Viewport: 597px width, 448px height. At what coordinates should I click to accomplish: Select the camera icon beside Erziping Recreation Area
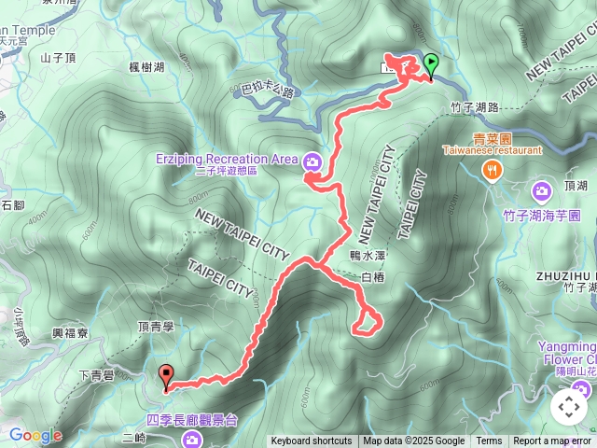(x=312, y=161)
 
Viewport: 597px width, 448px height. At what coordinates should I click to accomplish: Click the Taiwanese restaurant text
(x=492, y=149)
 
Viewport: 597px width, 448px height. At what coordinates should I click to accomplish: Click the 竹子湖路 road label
(x=474, y=107)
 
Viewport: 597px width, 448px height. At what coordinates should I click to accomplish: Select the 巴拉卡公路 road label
(x=269, y=91)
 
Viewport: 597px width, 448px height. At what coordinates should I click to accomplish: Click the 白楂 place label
(x=371, y=277)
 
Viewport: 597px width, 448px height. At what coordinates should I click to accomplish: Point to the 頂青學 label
(x=155, y=326)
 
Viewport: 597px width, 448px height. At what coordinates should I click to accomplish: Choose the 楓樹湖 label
(x=147, y=67)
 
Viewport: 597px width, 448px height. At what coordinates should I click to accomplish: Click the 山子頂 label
(x=57, y=58)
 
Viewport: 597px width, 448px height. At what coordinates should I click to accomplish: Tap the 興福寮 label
(x=70, y=332)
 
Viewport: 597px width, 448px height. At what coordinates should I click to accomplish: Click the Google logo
(x=35, y=435)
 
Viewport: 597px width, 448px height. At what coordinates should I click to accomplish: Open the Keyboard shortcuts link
(x=312, y=441)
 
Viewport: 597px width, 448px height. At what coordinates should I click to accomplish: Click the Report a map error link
(x=552, y=441)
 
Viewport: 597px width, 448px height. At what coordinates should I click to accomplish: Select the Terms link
(x=489, y=441)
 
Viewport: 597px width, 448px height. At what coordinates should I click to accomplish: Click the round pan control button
(x=568, y=407)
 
